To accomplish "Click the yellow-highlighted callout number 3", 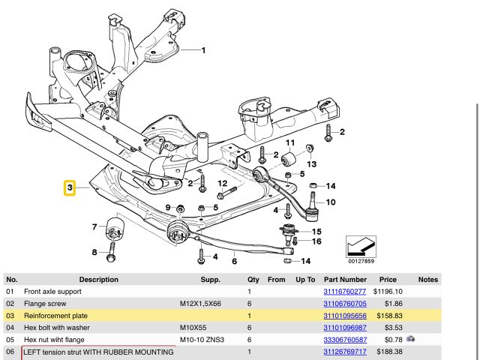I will click(x=70, y=187).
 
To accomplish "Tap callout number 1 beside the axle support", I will click(x=203, y=50).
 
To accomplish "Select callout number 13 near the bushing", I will click(x=311, y=163).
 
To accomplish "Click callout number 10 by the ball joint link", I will click(x=331, y=202).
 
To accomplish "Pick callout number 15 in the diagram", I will click(x=316, y=232).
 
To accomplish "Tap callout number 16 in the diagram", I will click(x=316, y=241).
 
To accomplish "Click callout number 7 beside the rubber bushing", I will click(x=94, y=226).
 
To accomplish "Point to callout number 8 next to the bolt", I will click(x=94, y=252).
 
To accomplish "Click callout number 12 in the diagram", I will click(x=222, y=184).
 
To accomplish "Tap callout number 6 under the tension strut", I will click(x=234, y=261).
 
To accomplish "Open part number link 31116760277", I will click(x=344, y=291).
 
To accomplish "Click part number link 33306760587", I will click(x=344, y=339).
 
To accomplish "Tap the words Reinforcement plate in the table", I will click(x=55, y=316).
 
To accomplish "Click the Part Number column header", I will click(x=345, y=280).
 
